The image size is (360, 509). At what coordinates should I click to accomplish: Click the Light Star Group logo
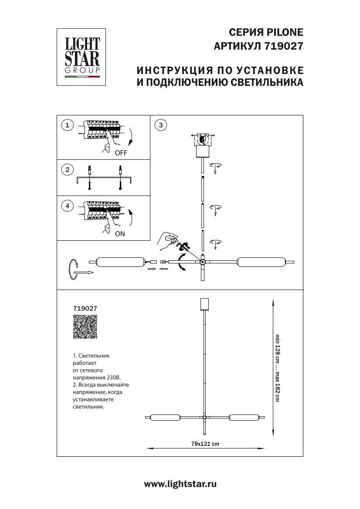coord(82,57)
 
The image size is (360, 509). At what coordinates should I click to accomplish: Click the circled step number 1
coord(67,125)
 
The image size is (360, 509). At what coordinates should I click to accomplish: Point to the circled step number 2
coord(67,170)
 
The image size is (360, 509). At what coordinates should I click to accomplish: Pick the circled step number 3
coord(161,125)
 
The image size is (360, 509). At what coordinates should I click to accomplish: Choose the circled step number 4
coord(67,206)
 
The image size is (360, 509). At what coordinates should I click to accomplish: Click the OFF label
coord(121,153)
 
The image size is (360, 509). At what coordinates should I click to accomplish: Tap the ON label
coord(120,234)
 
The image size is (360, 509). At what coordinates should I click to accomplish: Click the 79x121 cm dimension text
coord(205,444)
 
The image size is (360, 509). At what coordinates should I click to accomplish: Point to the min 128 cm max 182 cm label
coord(276,368)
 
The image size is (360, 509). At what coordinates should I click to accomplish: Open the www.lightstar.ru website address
coord(180,484)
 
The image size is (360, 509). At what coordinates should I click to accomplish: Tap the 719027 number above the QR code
coord(85,307)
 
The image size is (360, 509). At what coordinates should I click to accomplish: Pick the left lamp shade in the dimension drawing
coord(165,418)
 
